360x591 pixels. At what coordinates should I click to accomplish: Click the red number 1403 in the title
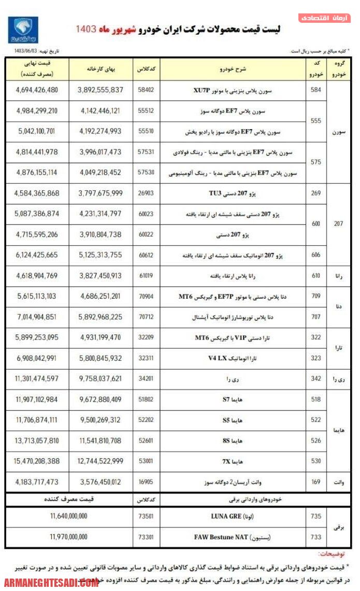[86, 29]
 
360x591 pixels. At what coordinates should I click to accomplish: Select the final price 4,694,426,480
[37, 90]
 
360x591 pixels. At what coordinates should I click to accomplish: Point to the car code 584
[316, 90]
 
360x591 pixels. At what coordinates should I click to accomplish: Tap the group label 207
[339, 224]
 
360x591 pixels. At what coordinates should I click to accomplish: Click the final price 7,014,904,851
[37, 317]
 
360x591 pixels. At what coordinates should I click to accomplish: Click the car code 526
[316, 441]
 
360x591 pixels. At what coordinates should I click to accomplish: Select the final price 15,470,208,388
[37, 461]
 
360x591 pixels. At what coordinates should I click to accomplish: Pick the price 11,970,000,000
[69, 538]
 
